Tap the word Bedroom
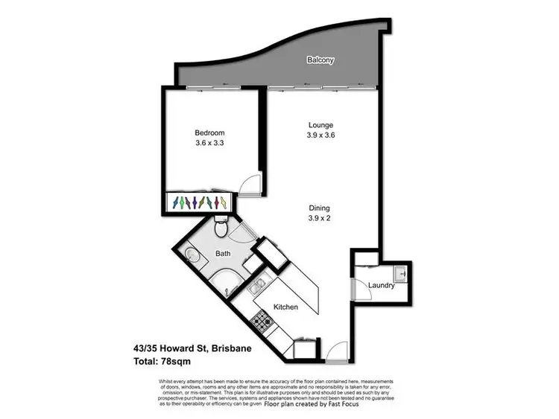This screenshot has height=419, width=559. tap(209, 133)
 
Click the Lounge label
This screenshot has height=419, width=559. tap(320, 125)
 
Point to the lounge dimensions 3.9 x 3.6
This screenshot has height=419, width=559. tap(320, 135)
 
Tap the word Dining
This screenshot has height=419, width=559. tap(320, 208)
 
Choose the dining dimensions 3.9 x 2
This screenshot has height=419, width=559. tap(320, 219)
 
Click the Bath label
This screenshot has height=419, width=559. tap(223, 253)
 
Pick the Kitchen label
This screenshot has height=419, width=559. tap(285, 307)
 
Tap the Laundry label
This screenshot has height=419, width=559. tap(381, 285)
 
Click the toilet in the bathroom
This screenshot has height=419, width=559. tap(220, 223)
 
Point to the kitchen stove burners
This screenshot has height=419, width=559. tap(261, 322)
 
